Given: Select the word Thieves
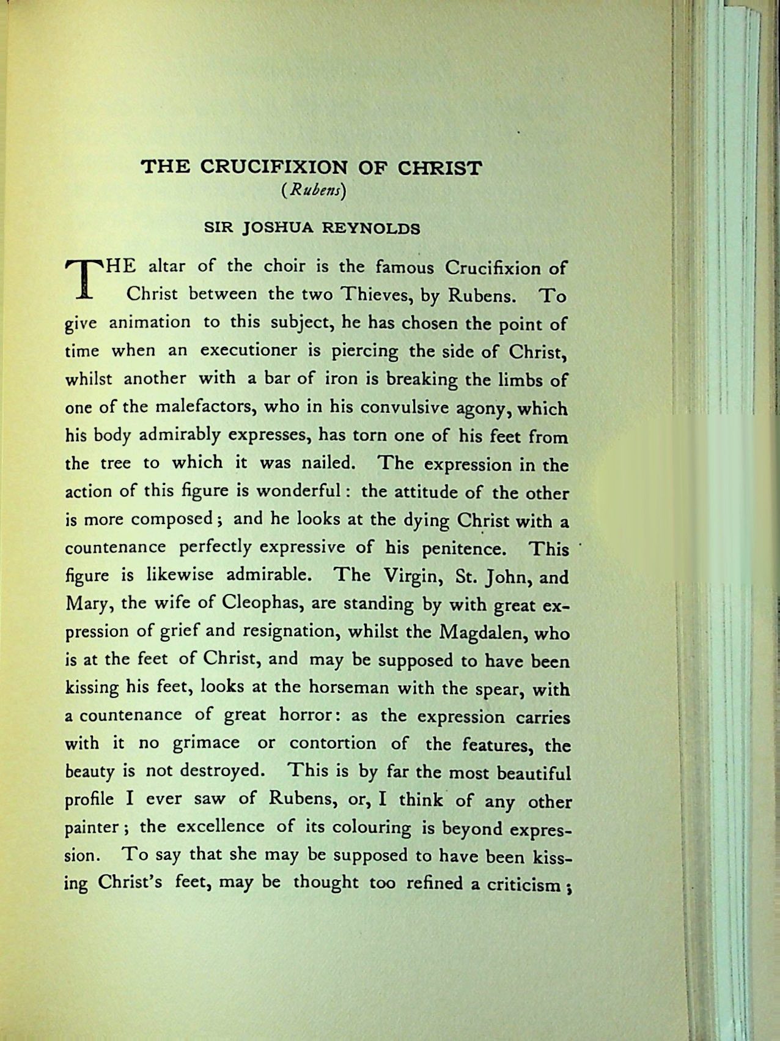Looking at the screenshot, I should [x=371, y=295].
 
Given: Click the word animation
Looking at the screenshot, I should [x=149, y=322].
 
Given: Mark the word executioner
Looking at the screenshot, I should [x=248, y=350].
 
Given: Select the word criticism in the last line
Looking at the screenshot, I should [x=524, y=884].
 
